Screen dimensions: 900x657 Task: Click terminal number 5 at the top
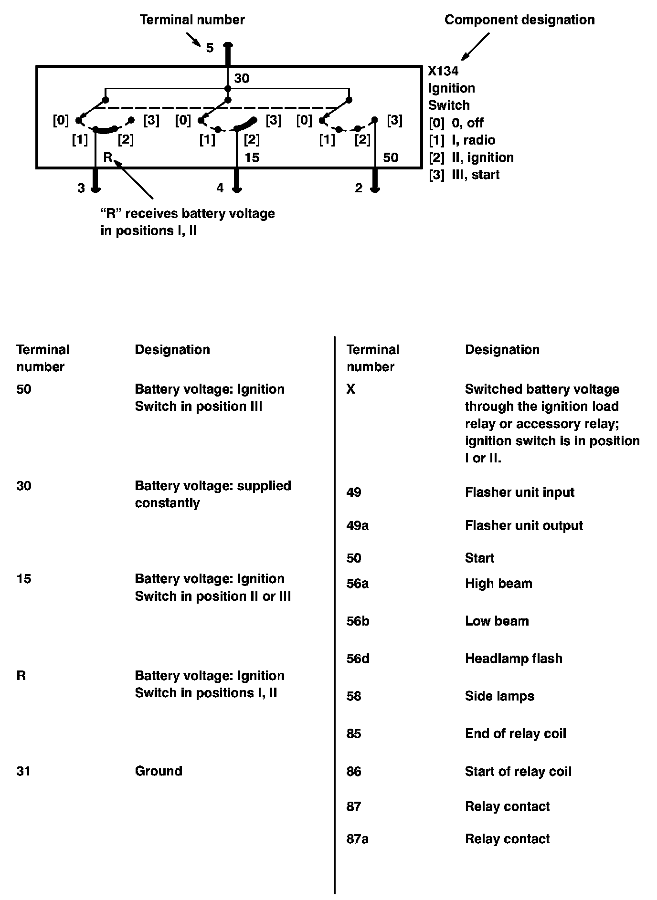(210, 48)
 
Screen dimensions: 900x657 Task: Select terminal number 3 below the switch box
(81, 188)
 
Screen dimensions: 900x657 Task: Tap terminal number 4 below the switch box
(220, 188)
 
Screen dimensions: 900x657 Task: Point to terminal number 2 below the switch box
(359, 188)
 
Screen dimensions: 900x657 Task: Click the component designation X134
(443, 71)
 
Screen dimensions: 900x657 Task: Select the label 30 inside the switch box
(242, 78)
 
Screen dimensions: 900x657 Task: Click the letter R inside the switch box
(108, 157)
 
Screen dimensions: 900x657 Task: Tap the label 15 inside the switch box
(252, 157)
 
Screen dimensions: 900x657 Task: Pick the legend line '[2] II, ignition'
(471, 157)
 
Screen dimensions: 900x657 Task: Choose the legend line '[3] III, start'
(464, 175)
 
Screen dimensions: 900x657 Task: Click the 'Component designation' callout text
(519, 20)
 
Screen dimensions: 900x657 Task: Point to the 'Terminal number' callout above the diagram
(192, 20)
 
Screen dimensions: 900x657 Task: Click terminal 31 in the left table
(23, 771)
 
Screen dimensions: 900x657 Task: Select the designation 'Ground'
(159, 771)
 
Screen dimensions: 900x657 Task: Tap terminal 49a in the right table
(357, 526)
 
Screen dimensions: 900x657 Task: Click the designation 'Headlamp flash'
(513, 659)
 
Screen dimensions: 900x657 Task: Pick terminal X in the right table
(351, 389)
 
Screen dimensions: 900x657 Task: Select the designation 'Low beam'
(497, 621)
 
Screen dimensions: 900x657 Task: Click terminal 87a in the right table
(357, 839)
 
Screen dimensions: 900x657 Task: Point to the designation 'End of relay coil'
(515, 734)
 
